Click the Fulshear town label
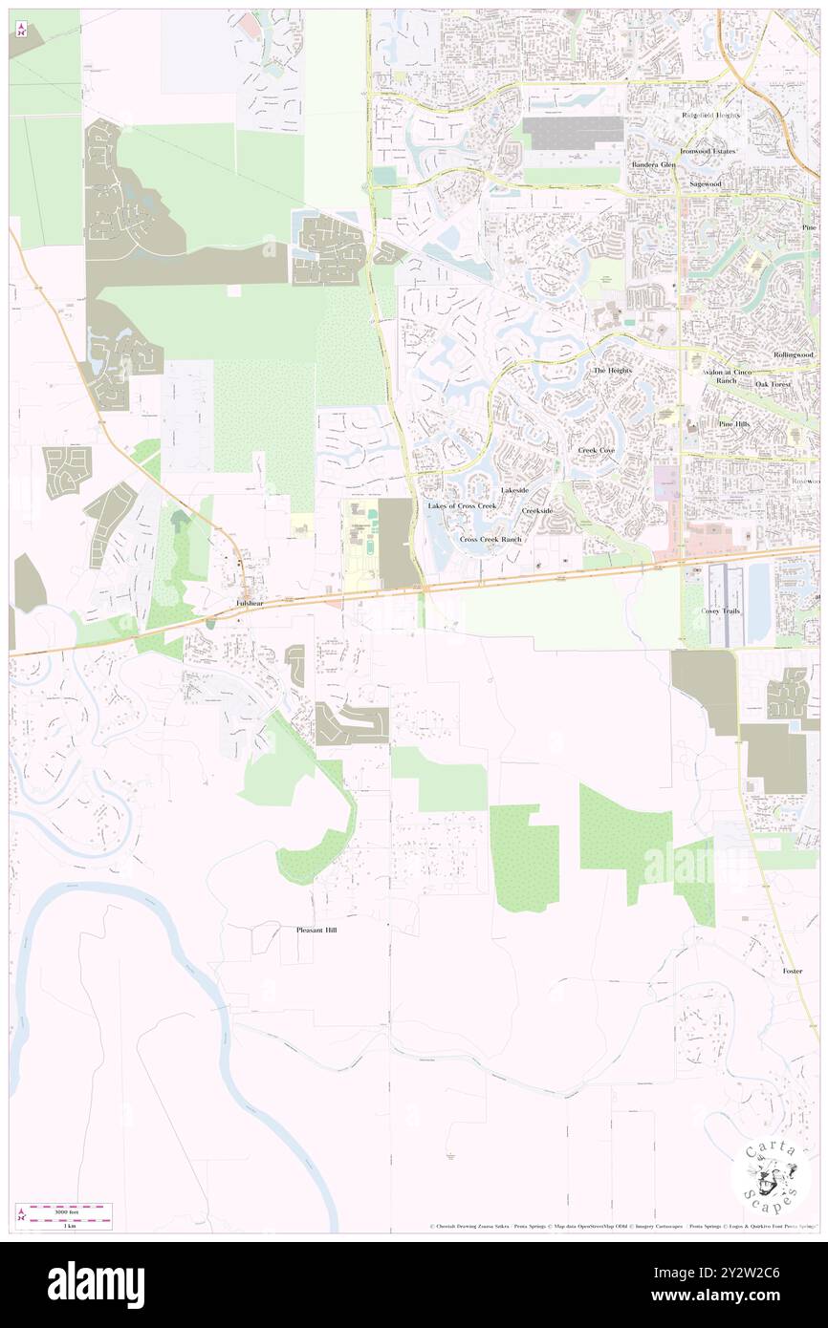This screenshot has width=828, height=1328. pyautogui.click(x=251, y=604)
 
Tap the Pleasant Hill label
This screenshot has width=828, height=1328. pyautogui.click(x=316, y=929)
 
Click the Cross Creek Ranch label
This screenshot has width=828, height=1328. pyautogui.click(x=490, y=539)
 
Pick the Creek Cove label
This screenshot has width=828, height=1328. pyautogui.click(x=596, y=449)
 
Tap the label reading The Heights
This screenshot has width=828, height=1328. pyautogui.click(x=613, y=370)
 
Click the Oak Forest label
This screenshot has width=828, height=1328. pyautogui.click(x=774, y=384)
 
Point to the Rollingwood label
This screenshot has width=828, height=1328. pyautogui.click(x=794, y=354)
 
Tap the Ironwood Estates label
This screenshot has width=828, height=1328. pyautogui.click(x=708, y=151)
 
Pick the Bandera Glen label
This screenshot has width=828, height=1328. pyautogui.click(x=653, y=164)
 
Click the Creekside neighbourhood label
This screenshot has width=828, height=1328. pyautogui.click(x=536, y=511)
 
